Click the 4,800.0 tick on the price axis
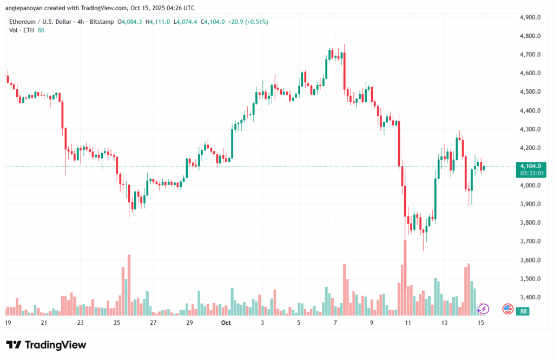coord(530,36)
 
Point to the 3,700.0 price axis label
coord(530,241)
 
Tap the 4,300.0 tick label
coord(530,129)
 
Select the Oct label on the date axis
coord(226,322)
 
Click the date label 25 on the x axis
coord(117,322)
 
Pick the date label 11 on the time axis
coord(408,322)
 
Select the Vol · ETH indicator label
coord(21,31)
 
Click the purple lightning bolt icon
coord(483,309)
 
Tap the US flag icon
coord(507,309)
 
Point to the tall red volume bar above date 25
coord(129,285)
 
